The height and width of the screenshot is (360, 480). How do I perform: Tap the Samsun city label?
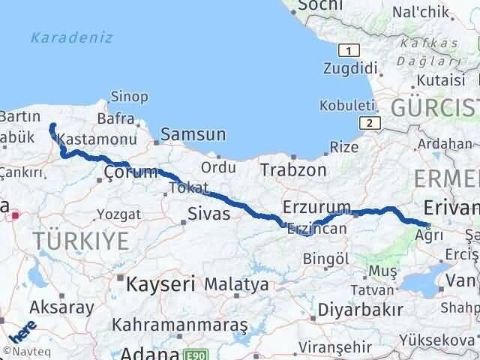coord(198,135)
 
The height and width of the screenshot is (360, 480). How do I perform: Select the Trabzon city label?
coord(293,170)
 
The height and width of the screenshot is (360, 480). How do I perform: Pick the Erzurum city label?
coord(317,206)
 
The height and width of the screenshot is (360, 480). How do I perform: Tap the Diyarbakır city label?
coord(355,310)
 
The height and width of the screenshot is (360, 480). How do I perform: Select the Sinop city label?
coord(128,96)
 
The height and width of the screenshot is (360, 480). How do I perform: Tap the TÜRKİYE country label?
coord(80,241)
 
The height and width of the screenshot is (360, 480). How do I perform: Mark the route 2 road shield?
coord(368,123)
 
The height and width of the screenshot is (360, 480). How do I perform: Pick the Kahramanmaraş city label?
coord(180,325)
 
